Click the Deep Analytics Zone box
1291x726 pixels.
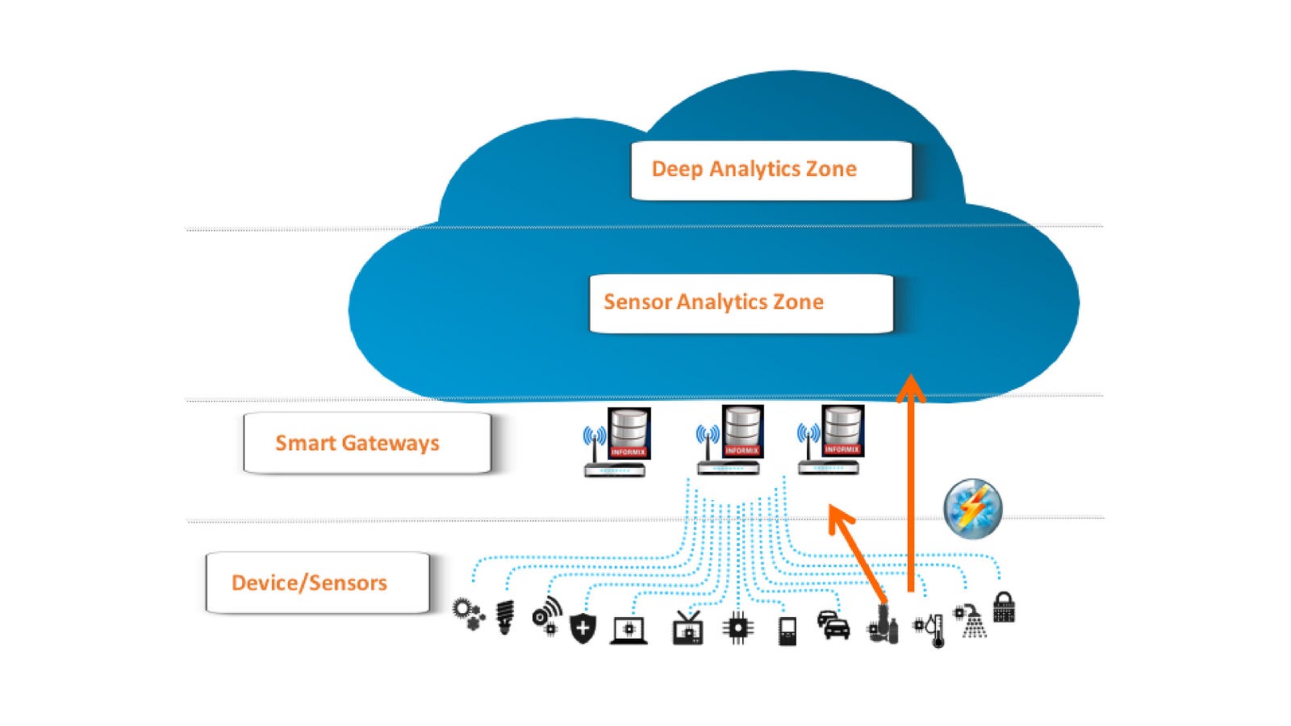(771, 170)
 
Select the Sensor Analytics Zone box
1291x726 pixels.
(741, 303)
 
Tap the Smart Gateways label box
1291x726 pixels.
(367, 443)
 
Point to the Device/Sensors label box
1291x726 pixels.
(318, 582)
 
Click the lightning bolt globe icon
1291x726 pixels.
(973, 508)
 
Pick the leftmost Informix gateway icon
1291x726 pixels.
(617, 442)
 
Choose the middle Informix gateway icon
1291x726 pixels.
(730, 440)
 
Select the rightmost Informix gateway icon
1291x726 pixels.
(831, 440)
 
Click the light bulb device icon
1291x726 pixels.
(505, 617)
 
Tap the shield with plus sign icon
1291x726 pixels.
(583, 628)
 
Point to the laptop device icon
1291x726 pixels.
(629, 629)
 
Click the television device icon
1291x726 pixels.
(687, 628)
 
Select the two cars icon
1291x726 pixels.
(834, 625)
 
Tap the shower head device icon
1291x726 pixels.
(971, 620)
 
